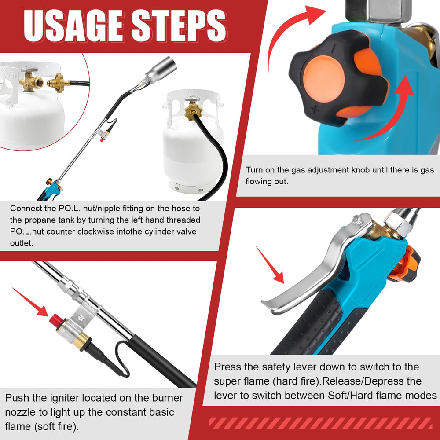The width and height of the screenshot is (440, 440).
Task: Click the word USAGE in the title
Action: click(73, 26)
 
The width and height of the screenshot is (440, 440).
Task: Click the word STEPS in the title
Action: click(179, 26)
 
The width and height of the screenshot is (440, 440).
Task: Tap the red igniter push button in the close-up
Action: click(56, 320)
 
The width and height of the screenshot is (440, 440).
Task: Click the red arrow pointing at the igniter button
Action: click(30, 302)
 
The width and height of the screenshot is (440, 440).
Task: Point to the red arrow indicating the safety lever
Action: click(270, 265)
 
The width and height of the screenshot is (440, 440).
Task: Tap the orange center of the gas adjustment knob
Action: click(323, 79)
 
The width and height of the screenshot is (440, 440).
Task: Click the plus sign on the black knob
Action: click(315, 110)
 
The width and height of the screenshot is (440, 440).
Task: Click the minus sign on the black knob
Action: click(334, 48)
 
